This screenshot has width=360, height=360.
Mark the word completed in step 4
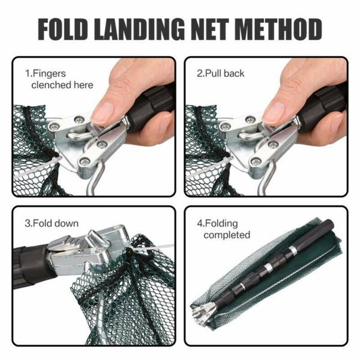226,235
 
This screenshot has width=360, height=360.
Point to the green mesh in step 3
120,300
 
